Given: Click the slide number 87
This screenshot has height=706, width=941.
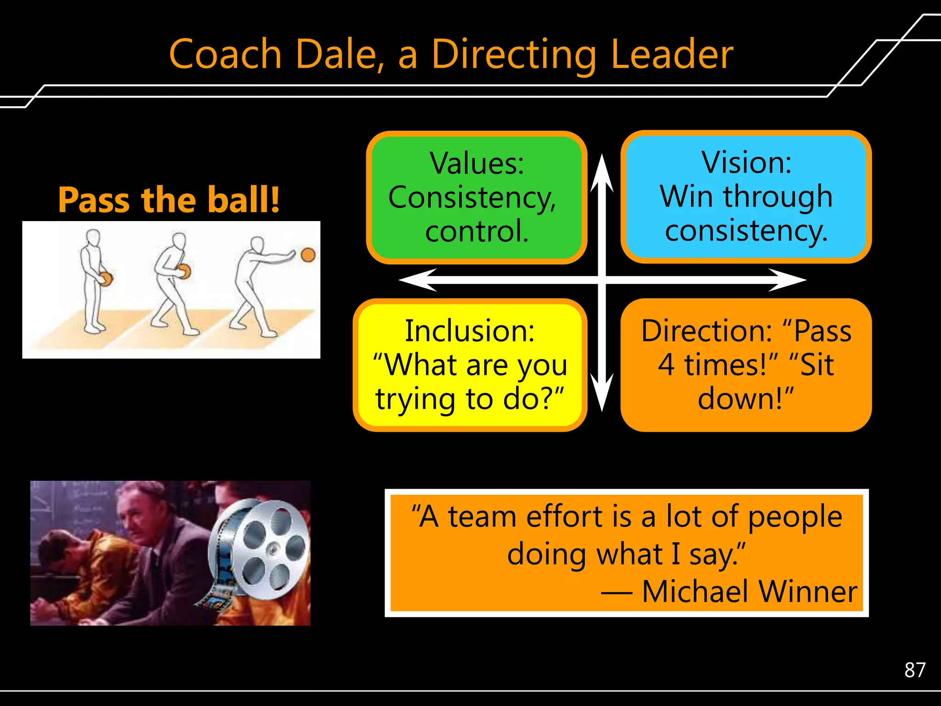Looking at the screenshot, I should (914, 670).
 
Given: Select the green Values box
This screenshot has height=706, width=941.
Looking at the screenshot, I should (476, 198).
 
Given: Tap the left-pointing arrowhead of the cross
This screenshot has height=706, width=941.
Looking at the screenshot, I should (416, 279).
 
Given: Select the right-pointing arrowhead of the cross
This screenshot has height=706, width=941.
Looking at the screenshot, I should (788, 279).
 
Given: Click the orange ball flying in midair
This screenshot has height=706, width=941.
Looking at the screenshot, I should (308, 254).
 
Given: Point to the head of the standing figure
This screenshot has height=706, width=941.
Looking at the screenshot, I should (93, 238).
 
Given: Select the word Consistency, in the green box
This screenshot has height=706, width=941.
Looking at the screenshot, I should (472, 198).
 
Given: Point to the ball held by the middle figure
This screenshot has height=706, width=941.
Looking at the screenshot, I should (185, 271).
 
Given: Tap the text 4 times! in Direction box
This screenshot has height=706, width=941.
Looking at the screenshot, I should (717, 365).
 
